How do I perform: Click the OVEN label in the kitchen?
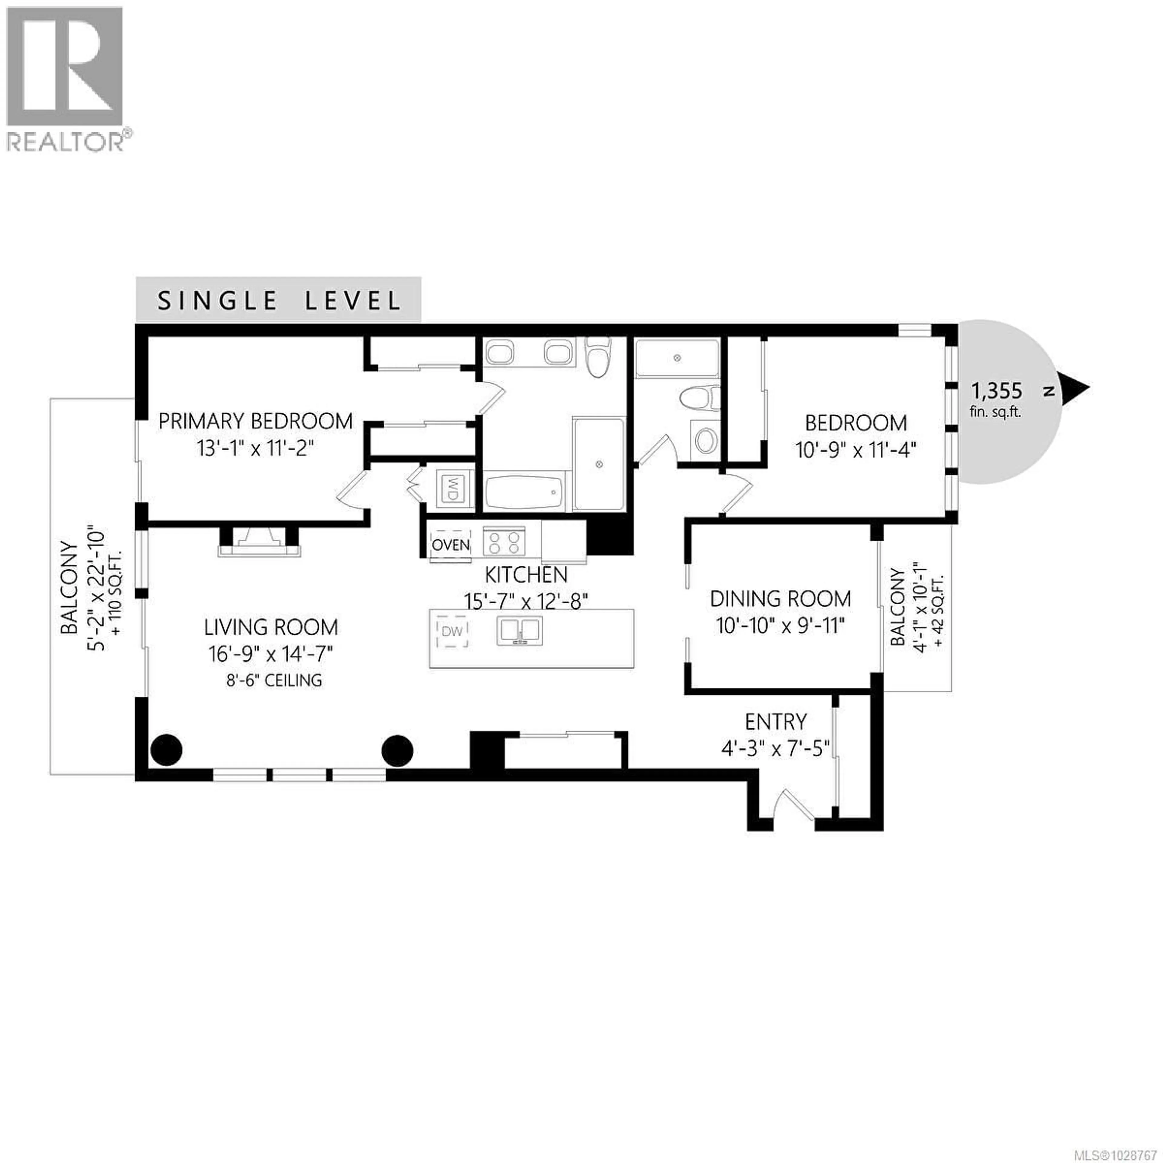451,545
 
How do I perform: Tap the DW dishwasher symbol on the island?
452,631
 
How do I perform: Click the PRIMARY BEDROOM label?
255,421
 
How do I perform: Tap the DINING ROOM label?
780,599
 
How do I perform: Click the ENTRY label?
775,721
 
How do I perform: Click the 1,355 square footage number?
996,391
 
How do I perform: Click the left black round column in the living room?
166,750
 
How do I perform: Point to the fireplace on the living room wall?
259,541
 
